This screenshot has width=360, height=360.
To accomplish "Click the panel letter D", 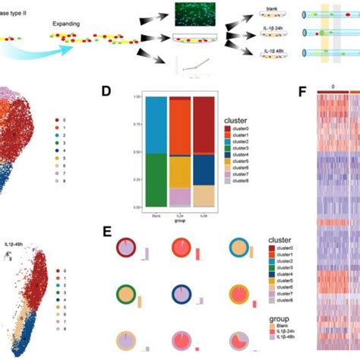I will (x=107, y=91).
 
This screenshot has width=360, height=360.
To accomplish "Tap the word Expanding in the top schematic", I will (x=67, y=24).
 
